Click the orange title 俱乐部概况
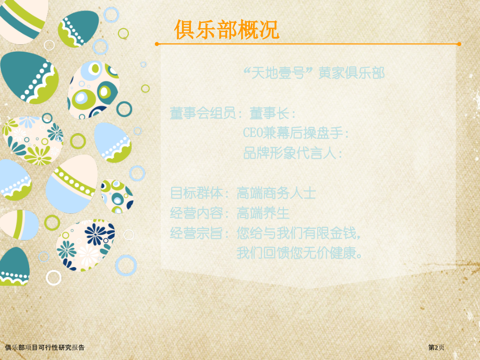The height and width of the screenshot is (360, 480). pyautogui.click(x=226, y=30)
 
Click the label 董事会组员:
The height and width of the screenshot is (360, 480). pyautogui.click(x=206, y=113)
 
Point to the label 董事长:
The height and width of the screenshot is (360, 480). pyautogui.click(x=273, y=113)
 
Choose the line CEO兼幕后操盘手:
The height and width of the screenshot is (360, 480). pyautogui.click(x=296, y=133)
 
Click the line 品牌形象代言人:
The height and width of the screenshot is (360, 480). pyautogui.click(x=293, y=153)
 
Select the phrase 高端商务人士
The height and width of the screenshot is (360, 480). pyautogui.click(x=276, y=194)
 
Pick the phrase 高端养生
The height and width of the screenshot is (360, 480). pyautogui.click(x=263, y=213)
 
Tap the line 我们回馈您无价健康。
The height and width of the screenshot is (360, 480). pyautogui.click(x=300, y=254)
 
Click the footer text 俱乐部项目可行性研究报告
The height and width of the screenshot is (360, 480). pyautogui.click(x=44, y=347)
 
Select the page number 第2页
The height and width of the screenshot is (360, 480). pyautogui.click(x=437, y=347)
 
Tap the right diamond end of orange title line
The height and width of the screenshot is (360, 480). pyautogui.click(x=459, y=44)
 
